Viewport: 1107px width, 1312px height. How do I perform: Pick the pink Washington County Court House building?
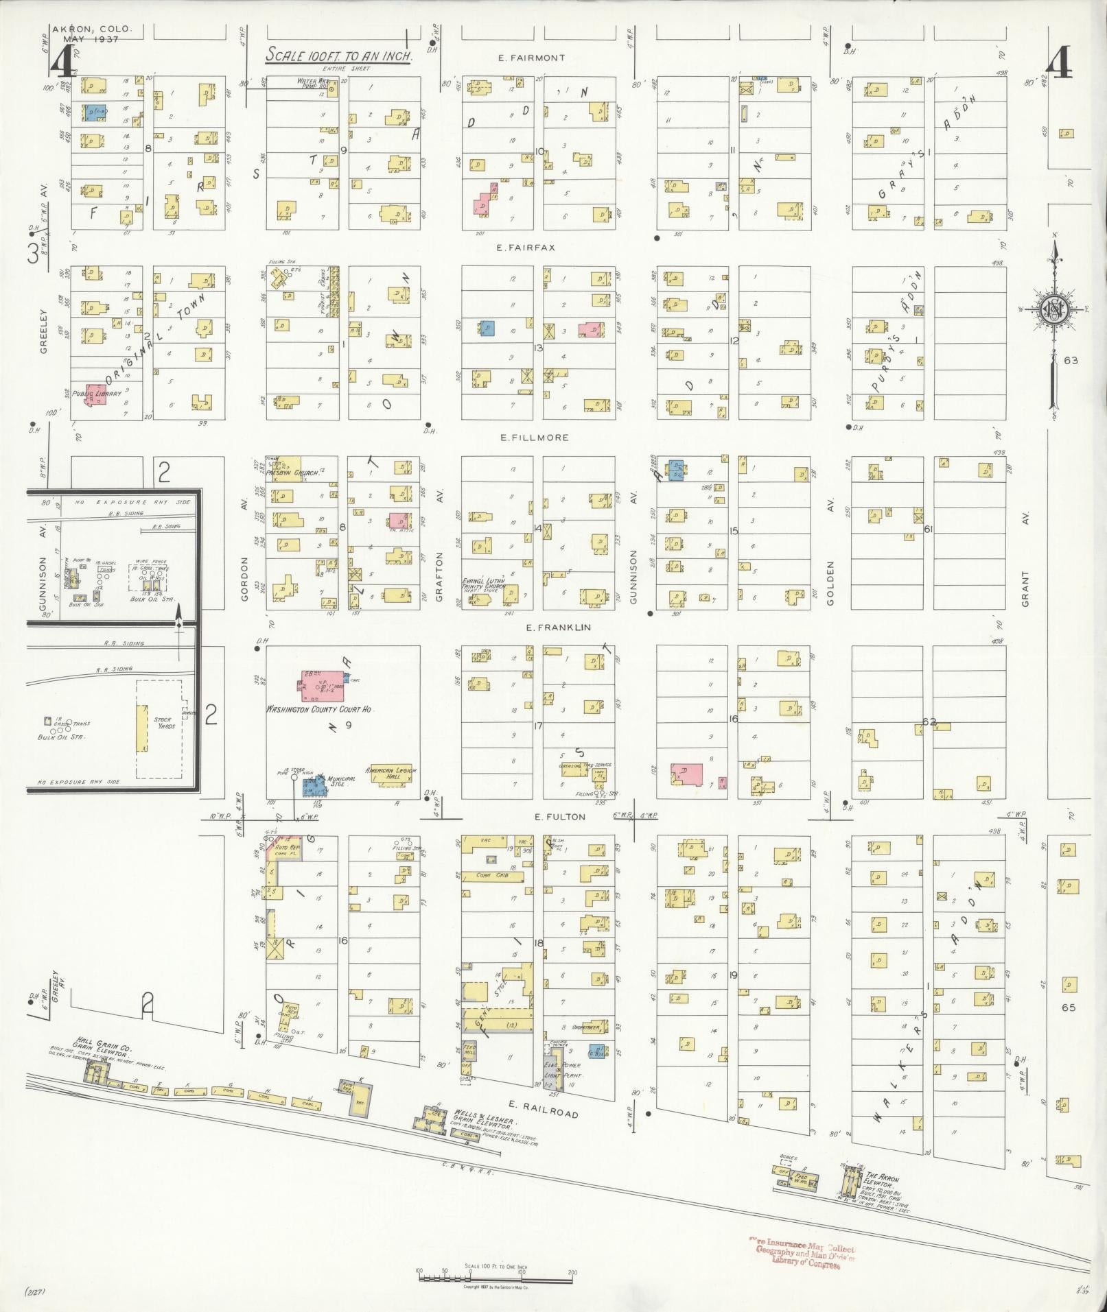[321, 682]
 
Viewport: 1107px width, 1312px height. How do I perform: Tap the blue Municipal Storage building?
[314, 786]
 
